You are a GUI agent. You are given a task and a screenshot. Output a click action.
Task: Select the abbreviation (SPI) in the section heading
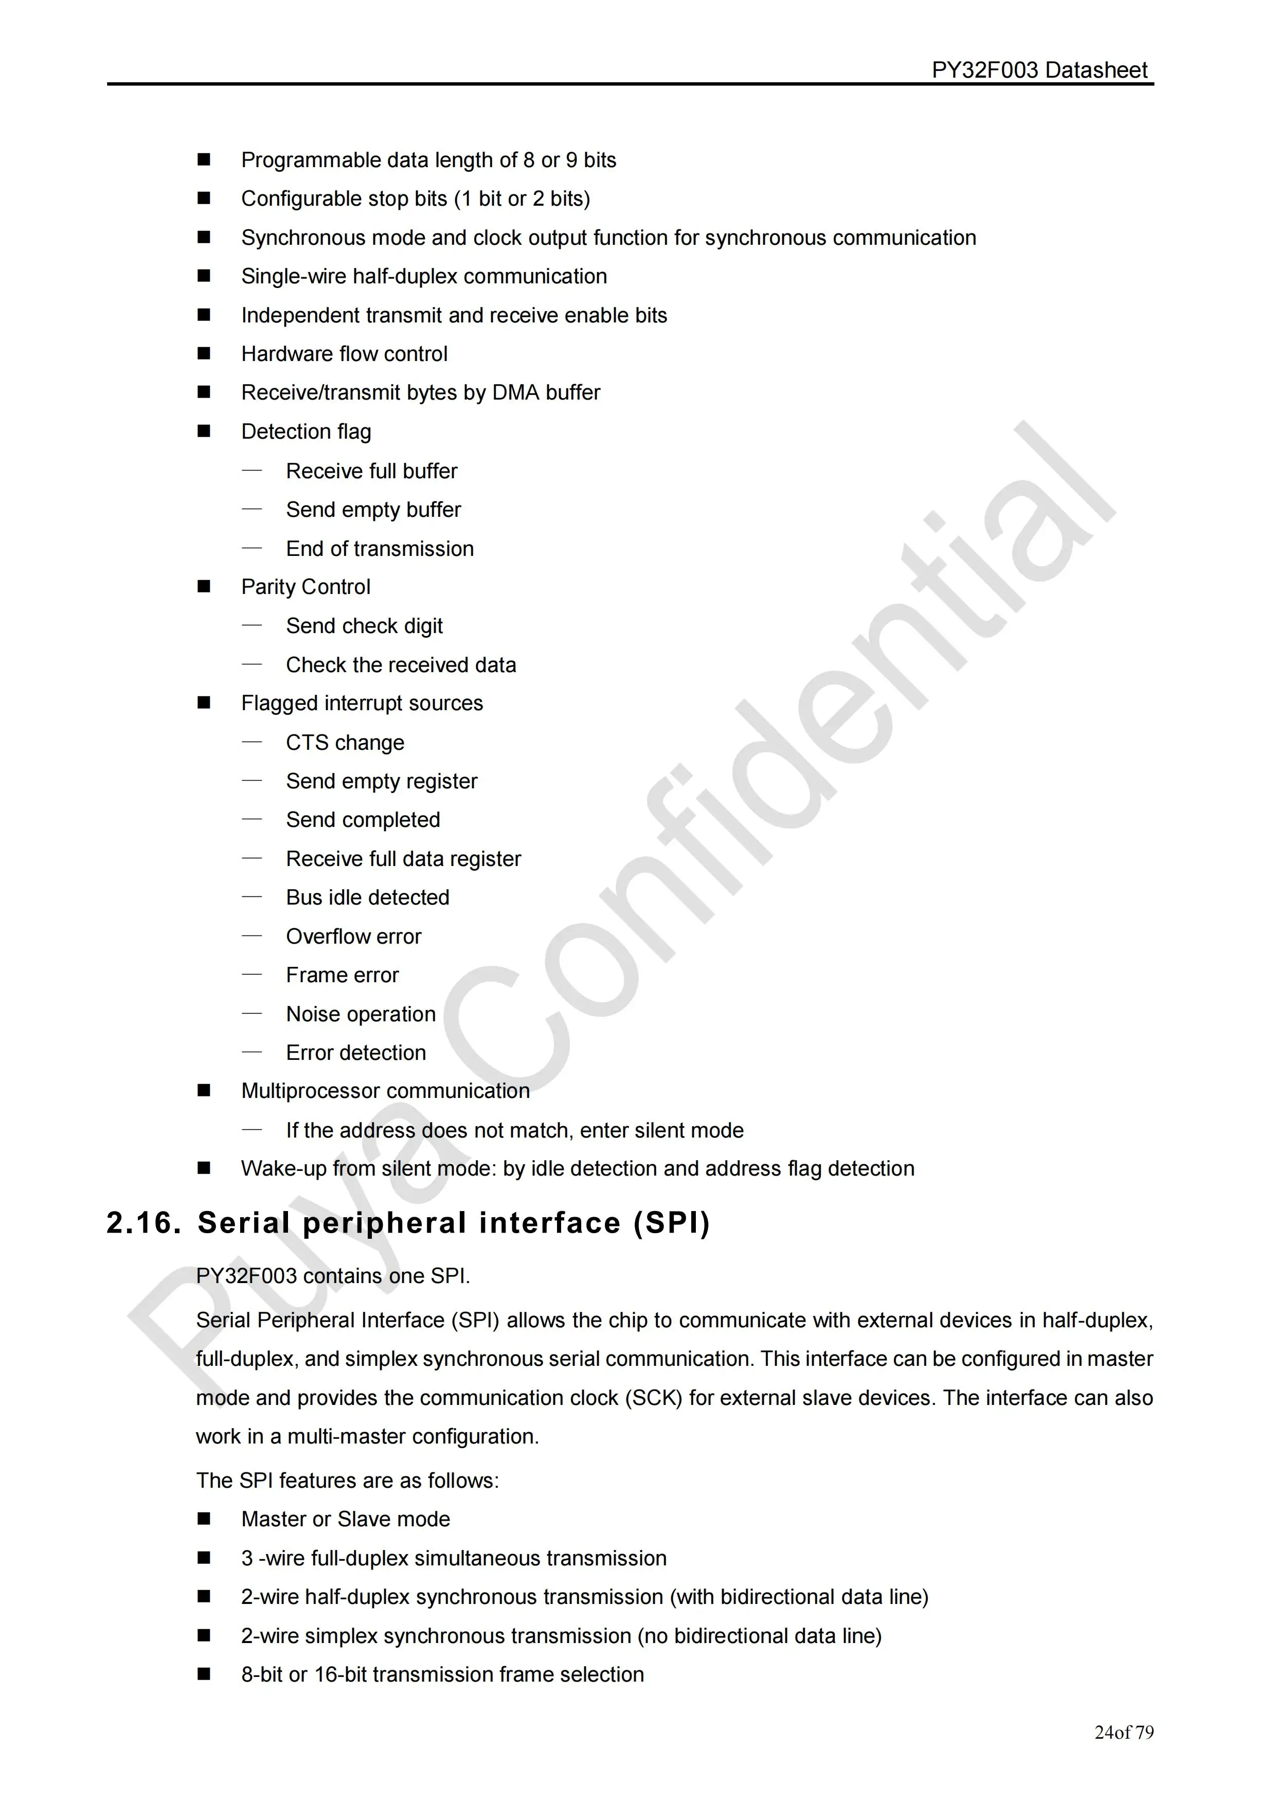pyautogui.click(x=672, y=1223)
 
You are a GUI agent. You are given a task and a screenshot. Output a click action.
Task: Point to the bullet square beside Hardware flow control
pyautogui.click(x=204, y=354)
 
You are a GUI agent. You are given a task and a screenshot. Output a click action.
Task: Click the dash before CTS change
pyautogui.click(x=251, y=742)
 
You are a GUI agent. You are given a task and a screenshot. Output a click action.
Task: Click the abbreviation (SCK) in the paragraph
pyautogui.click(x=653, y=1398)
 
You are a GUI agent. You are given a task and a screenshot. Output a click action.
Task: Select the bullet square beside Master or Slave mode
pyautogui.click(x=204, y=1519)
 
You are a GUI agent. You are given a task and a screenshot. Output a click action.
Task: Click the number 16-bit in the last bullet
pyautogui.click(x=340, y=1674)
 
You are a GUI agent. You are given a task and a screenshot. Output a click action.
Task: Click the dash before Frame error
pyautogui.click(x=251, y=975)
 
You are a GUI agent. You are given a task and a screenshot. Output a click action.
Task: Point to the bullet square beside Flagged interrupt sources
pyautogui.click(x=204, y=703)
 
